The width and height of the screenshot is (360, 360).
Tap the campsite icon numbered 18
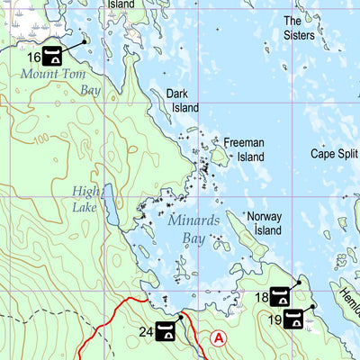click(x=281, y=297)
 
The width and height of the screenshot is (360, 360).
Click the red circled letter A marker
click(x=218, y=337)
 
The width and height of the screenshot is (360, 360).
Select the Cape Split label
click(x=334, y=154)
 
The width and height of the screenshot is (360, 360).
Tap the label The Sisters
click(x=299, y=28)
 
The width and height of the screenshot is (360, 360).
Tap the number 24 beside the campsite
click(x=145, y=332)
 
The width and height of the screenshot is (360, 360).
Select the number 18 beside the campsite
click(x=261, y=297)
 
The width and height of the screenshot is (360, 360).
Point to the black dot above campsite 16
click(x=85, y=40)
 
